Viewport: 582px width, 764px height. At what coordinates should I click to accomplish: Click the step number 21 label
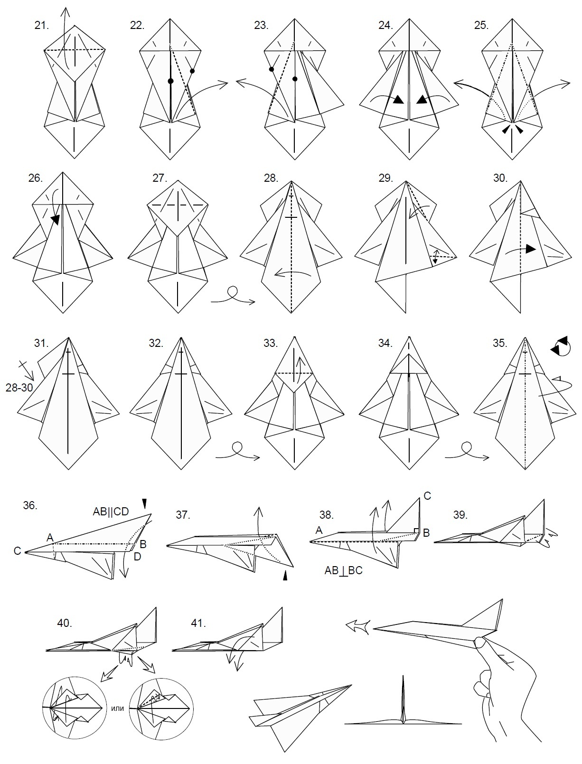(41, 26)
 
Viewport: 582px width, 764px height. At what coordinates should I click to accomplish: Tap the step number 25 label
(481, 26)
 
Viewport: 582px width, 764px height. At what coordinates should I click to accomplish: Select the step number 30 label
(500, 178)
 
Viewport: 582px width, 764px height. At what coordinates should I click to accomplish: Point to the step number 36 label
(30, 505)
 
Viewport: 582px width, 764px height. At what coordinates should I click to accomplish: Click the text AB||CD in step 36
(111, 511)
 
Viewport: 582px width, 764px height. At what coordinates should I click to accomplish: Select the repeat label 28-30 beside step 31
(19, 388)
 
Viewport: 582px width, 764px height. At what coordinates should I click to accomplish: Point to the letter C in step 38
(427, 495)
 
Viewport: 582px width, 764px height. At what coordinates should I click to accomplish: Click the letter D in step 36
(138, 557)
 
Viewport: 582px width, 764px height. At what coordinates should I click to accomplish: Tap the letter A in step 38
(319, 531)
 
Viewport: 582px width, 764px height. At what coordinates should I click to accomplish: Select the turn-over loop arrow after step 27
(233, 296)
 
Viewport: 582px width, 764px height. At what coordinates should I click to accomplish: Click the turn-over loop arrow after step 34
(467, 451)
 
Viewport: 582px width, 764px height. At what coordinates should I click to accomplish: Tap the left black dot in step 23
(272, 69)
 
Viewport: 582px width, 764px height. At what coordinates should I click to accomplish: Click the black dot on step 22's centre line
(170, 81)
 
